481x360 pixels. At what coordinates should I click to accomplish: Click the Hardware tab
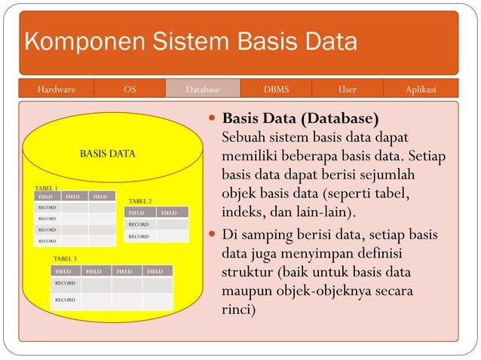tap(57, 90)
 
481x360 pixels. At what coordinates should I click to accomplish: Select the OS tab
tap(130, 90)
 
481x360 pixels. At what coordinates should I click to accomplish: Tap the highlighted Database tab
tap(203, 90)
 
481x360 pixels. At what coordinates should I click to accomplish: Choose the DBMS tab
tap(276, 90)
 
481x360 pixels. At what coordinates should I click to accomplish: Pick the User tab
tap(348, 90)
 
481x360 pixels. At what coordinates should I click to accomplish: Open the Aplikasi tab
tap(421, 90)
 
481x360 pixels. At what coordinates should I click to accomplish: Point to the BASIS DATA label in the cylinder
tap(108, 154)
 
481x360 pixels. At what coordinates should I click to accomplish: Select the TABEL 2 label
tap(140, 201)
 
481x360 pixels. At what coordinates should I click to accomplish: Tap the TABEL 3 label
tap(65, 258)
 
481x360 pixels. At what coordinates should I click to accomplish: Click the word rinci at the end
tap(239, 309)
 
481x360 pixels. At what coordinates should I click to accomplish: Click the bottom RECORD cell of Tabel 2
tap(139, 236)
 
